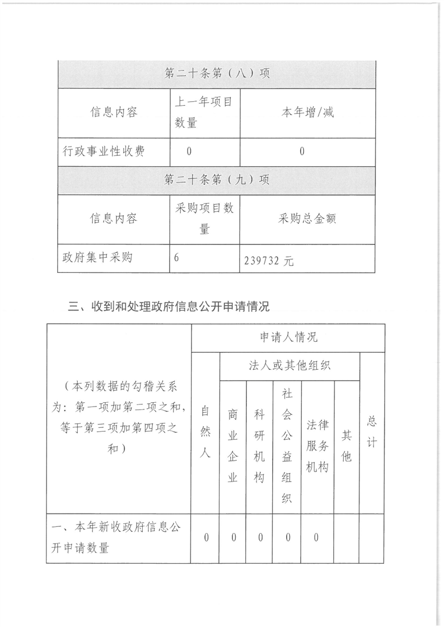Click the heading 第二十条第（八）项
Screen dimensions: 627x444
pos(217,73)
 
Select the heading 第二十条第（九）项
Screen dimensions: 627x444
pos(217,180)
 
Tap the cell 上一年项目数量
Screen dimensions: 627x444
pos(204,112)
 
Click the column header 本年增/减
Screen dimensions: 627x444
pos(307,112)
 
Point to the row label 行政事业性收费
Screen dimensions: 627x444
pos(104,151)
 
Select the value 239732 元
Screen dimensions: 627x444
pos(269,261)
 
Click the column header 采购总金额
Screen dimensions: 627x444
pos(307,218)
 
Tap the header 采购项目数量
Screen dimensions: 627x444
pos(204,218)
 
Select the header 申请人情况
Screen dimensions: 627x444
pos(288,337)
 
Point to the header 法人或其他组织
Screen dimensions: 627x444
pos(289,366)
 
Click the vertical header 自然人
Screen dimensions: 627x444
pos(205,432)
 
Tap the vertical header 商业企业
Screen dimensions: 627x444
pos(233,446)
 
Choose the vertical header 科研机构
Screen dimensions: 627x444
pos(259,446)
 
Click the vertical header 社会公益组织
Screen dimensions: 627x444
pos(287,446)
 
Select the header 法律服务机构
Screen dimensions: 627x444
pos(317,446)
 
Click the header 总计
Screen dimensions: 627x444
pos(371,432)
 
